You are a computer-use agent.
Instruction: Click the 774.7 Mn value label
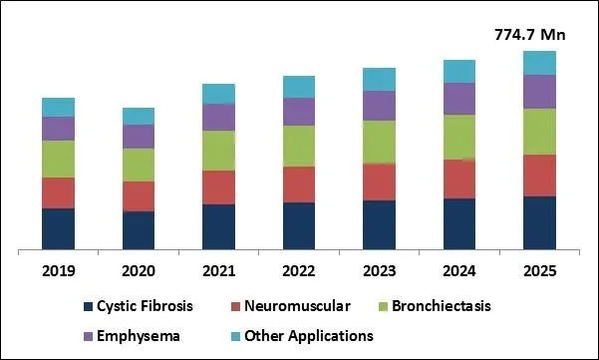pyautogui.click(x=530, y=35)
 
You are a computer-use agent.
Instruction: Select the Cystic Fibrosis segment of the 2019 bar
pyautogui.click(x=58, y=228)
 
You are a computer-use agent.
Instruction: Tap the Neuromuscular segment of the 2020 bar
pyautogui.click(x=139, y=196)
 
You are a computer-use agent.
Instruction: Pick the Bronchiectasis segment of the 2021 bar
pyautogui.click(x=218, y=151)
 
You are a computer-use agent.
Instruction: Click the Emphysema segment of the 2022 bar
pyautogui.click(x=299, y=112)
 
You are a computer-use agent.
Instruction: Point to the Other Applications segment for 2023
pyautogui.click(x=379, y=80)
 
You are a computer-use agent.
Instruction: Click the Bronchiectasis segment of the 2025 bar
pyautogui.click(x=539, y=132)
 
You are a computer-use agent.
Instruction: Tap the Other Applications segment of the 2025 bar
pyautogui.click(x=539, y=63)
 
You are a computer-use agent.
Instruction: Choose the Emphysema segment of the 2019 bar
pyautogui.click(x=58, y=129)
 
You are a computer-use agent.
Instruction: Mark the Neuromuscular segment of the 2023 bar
pyautogui.click(x=379, y=181)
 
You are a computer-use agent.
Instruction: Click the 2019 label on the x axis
pyautogui.click(x=58, y=270)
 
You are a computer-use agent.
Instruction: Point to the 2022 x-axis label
pyautogui.click(x=299, y=270)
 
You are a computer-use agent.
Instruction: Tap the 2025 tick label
pyautogui.click(x=539, y=270)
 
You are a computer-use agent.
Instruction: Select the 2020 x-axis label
pyautogui.click(x=139, y=270)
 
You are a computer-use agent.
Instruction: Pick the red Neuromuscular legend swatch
pyautogui.click(x=236, y=306)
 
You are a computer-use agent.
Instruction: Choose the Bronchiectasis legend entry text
pyautogui.click(x=439, y=306)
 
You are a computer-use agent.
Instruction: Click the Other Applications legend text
pyautogui.click(x=309, y=336)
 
